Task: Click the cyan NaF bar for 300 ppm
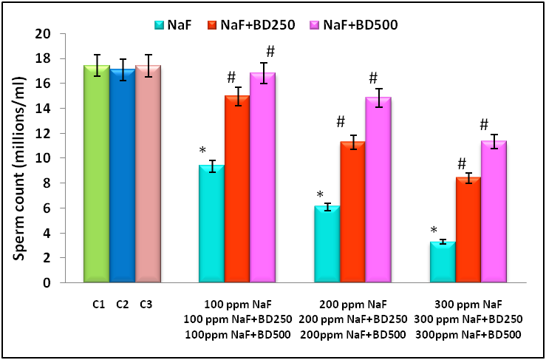coord(443,262)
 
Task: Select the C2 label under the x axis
coord(123,304)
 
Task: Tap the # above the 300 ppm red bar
coord(461,164)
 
